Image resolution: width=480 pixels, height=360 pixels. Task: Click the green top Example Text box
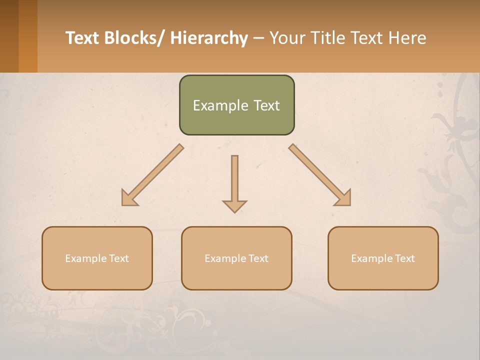tap(236, 105)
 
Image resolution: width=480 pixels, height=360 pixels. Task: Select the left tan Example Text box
tap(97, 258)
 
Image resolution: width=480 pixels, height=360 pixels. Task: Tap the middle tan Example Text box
tap(236, 258)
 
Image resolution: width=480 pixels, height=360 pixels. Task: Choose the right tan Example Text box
tap(383, 258)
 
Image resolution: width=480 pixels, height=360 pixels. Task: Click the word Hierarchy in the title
tap(209, 38)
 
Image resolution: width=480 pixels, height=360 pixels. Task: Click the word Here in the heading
tap(407, 38)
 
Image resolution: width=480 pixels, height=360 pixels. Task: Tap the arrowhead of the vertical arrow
tap(234, 205)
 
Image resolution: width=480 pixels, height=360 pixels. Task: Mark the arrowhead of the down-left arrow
tap(128, 199)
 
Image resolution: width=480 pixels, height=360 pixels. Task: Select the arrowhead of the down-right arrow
tap(343, 199)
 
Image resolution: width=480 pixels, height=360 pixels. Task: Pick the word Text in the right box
tap(404, 258)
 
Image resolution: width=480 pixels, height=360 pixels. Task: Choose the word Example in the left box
tap(86, 258)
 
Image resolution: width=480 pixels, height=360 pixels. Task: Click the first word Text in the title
tap(83, 38)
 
